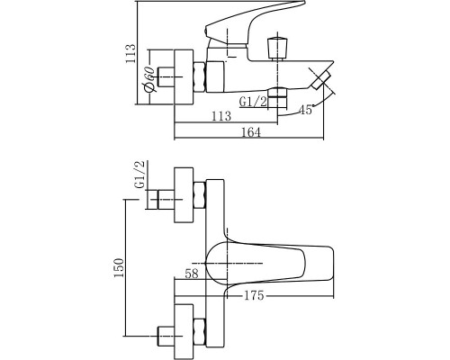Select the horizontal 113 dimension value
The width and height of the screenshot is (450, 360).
[x=220, y=115]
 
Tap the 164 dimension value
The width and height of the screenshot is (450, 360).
[x=250, y=133]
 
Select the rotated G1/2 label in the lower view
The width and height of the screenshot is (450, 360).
[x=139, y=175]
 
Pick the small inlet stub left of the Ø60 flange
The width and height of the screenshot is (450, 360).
[x=166, y=76]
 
